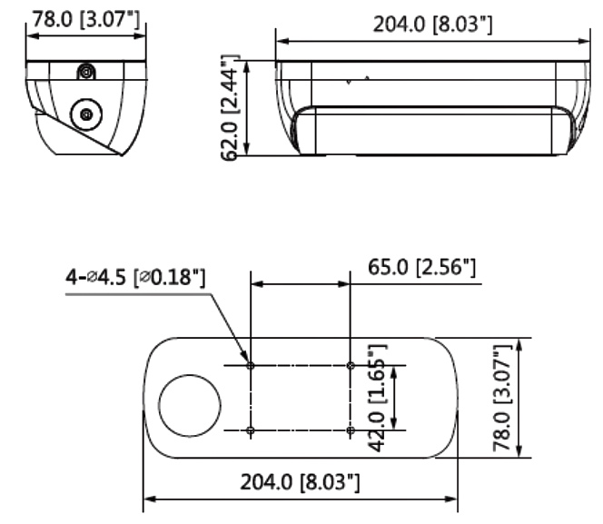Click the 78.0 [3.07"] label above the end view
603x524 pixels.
click(85, 19)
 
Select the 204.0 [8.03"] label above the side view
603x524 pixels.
click(432, 25)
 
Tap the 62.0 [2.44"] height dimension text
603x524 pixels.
click(231, 108)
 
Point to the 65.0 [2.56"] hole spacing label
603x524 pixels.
click(421, 267)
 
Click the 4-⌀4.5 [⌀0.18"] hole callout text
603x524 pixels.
click(135, 277)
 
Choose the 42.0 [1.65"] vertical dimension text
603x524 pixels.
click(377, 398)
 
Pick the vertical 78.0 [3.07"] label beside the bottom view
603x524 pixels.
click(502, 398)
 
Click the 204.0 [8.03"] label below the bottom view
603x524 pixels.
click(300, 482)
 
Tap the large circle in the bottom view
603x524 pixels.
click(190, 406)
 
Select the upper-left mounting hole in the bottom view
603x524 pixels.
click(251, 365)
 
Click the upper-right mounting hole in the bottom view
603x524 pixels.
click(351, 365)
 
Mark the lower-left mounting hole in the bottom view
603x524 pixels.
click(251, 430)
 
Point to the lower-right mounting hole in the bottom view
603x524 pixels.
click(351, 430)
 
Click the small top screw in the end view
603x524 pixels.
click(85, 72)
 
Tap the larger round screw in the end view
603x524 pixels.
click(86, 114)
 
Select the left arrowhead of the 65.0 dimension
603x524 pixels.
click(257, 284)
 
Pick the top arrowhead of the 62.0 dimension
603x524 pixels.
click(247, 67)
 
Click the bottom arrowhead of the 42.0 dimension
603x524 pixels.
click(393, 423)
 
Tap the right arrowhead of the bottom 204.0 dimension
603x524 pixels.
click(451, 499)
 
